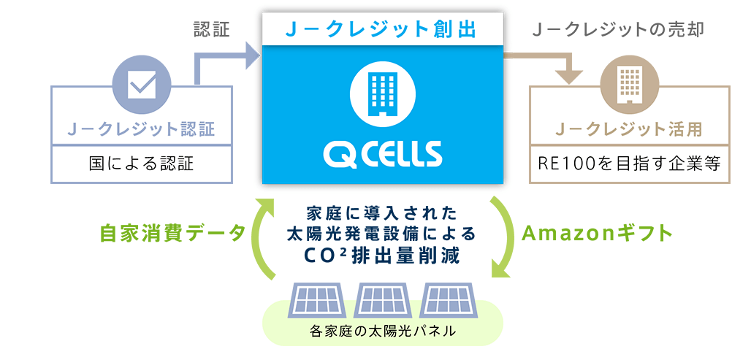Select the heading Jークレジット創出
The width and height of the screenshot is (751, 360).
382,29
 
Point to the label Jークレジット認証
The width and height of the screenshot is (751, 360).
142,129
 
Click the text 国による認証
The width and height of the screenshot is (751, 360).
142,163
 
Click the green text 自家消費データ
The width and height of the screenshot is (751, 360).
173,234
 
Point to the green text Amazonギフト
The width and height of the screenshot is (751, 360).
596,234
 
